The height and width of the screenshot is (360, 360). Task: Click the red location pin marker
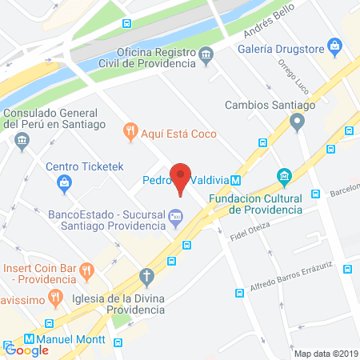pos(182,178)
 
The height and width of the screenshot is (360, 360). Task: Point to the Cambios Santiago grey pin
pos(298,122)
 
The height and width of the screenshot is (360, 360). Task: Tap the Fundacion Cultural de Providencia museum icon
pos(283,176)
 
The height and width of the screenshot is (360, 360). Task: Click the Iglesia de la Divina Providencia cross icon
pos(146,277)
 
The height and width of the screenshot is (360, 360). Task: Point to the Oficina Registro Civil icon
pos(206,55)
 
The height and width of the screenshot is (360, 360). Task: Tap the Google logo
pos(26,350)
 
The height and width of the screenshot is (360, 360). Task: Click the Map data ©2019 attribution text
pos(325,353)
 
